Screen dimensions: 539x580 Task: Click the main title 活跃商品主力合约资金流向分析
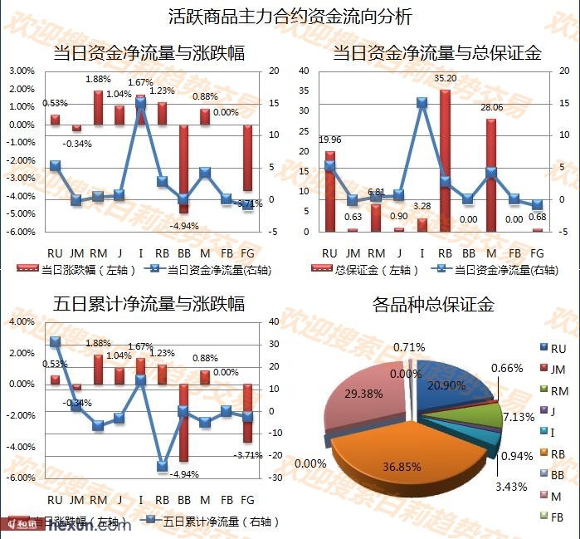pyautogui.click(x=290, y=16)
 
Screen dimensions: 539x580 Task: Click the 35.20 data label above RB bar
pyautogui.click(x=446, y=78)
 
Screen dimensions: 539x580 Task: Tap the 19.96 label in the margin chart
pyautogui.click(x=330, y=140)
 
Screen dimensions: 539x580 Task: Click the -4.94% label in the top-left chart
pyautogui.click(x=184, y=225)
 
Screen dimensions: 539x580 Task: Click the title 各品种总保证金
pyautogui.click(x=433, y=304)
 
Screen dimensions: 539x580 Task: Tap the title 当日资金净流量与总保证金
pyautogui.click(x=436, y=53)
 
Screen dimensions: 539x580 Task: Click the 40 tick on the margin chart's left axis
pyautogui.click(x=304, y=71)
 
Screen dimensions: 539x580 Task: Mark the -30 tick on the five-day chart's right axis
pyautogui.click(x=275, y=478)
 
